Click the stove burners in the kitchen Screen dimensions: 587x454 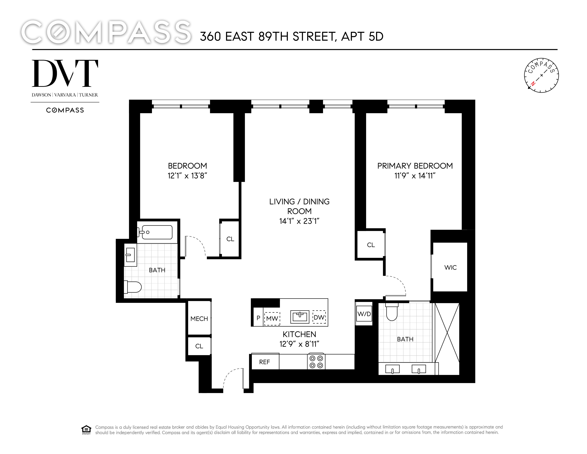[x=316, y=362]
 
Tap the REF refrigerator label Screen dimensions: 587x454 [x=265, y=362]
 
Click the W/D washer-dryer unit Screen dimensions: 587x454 [x=364, y=314]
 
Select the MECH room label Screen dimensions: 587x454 [x=199, y=319]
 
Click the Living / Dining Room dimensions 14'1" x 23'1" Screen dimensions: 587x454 [x=299, y=221]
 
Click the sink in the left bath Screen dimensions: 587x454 [x=130, y=255]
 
